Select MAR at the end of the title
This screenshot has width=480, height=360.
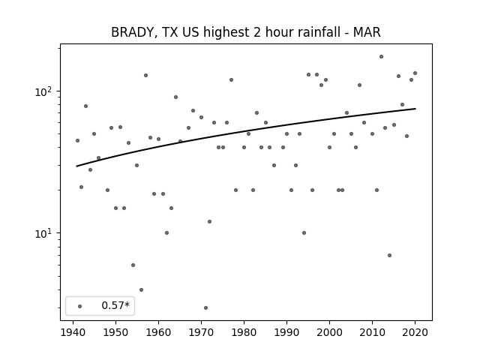[x=367, y=32]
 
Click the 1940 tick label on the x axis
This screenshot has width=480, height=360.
[x=73, y=332]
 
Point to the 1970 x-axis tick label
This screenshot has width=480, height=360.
[x=201, y=332]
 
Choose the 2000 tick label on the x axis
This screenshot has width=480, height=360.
[x=329, y=332]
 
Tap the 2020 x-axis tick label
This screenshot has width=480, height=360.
[x=415, y=332]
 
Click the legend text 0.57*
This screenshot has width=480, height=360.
[x=115, y=305]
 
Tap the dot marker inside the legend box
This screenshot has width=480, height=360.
[x=80, y=306]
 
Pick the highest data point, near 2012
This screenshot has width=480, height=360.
[x=381, y=57]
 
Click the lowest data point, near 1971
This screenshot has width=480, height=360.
[x=205, y=307]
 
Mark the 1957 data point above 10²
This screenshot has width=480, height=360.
[x=145, y=75]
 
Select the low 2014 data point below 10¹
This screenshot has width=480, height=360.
[x=389, y=255]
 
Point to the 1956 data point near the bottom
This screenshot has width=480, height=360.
[x=141, y=289]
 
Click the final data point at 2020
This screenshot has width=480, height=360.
[x=415, y=73]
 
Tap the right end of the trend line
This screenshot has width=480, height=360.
[x=415, y=109]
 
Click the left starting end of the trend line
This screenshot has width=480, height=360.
[x=76, y=166]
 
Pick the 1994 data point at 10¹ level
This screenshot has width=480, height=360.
[x=304, y=233]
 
